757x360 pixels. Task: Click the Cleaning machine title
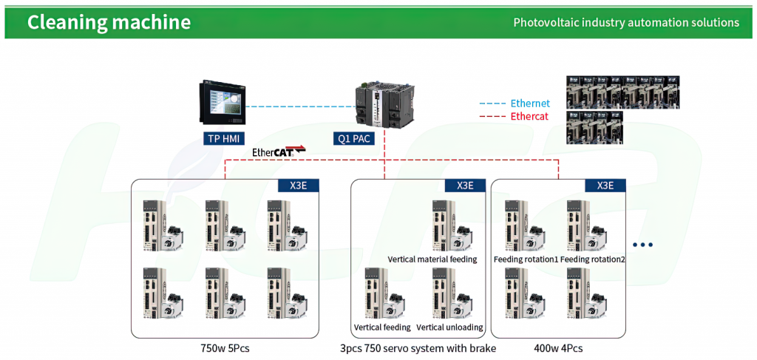click(109, 22)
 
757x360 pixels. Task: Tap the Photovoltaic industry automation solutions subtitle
click(626, 22)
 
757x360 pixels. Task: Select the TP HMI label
click(224, 140)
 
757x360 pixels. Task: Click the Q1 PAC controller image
click(384, 106)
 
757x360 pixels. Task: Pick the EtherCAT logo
click(279, 152)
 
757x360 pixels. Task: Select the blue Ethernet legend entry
click(515, 103)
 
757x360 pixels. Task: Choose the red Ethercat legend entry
click(515, 116)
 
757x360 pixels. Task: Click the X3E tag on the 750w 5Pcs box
click(299, 186)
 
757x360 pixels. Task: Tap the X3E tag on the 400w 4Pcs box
click(605, 186)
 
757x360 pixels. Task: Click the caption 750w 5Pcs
click(225, 348)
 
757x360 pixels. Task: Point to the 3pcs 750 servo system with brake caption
click(418, 348)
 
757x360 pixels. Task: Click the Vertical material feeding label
click(432, 259)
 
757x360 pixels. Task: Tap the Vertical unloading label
click(449, 327)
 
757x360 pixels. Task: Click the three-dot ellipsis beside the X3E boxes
click(642, 245)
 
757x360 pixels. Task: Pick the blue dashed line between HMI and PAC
click(300, 106)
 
